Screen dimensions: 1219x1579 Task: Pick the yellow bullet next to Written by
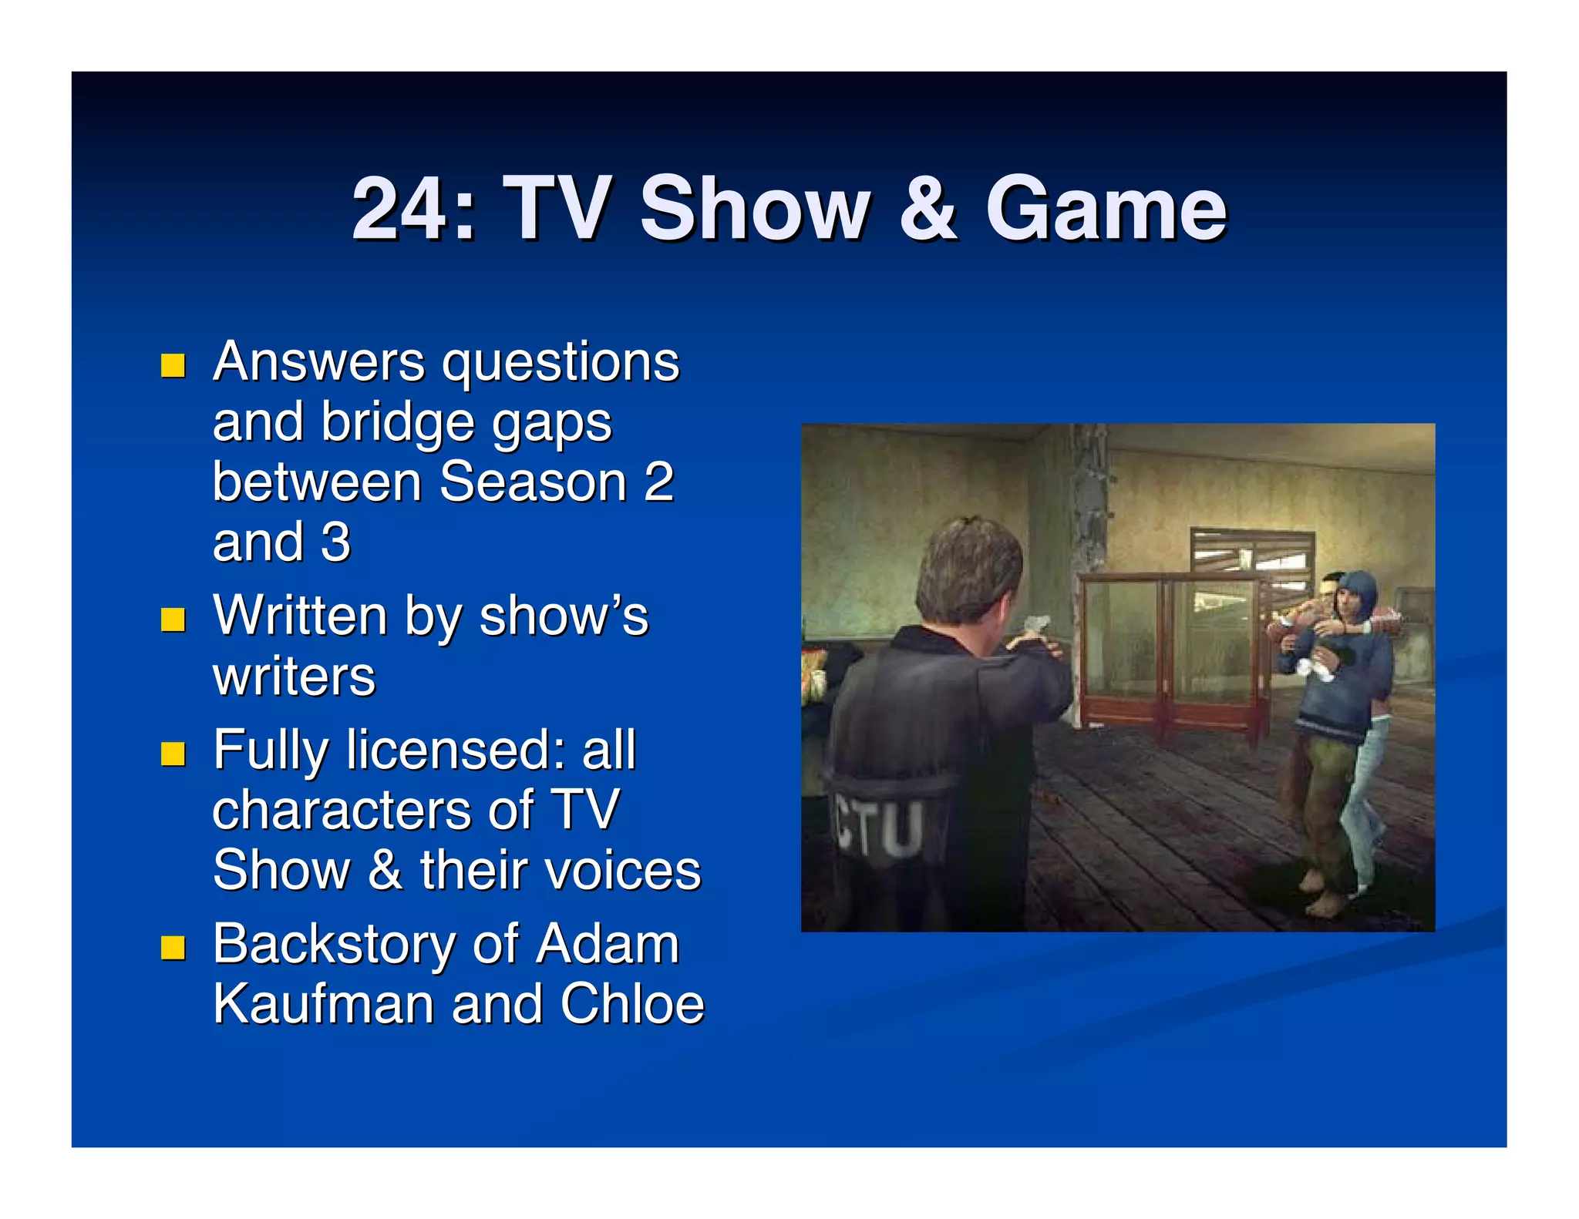pyautogui.click(x=173, y=619)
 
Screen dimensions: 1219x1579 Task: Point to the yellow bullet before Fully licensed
pyautogui.click(x=173, y=753)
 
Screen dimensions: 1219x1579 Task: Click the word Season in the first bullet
pyautogui.click(x=533, y=482)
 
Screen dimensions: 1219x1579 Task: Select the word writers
pyautogui.click(x=294, y=677)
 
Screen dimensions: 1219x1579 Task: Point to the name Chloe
pyautogui.click(x=631, y=1004)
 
